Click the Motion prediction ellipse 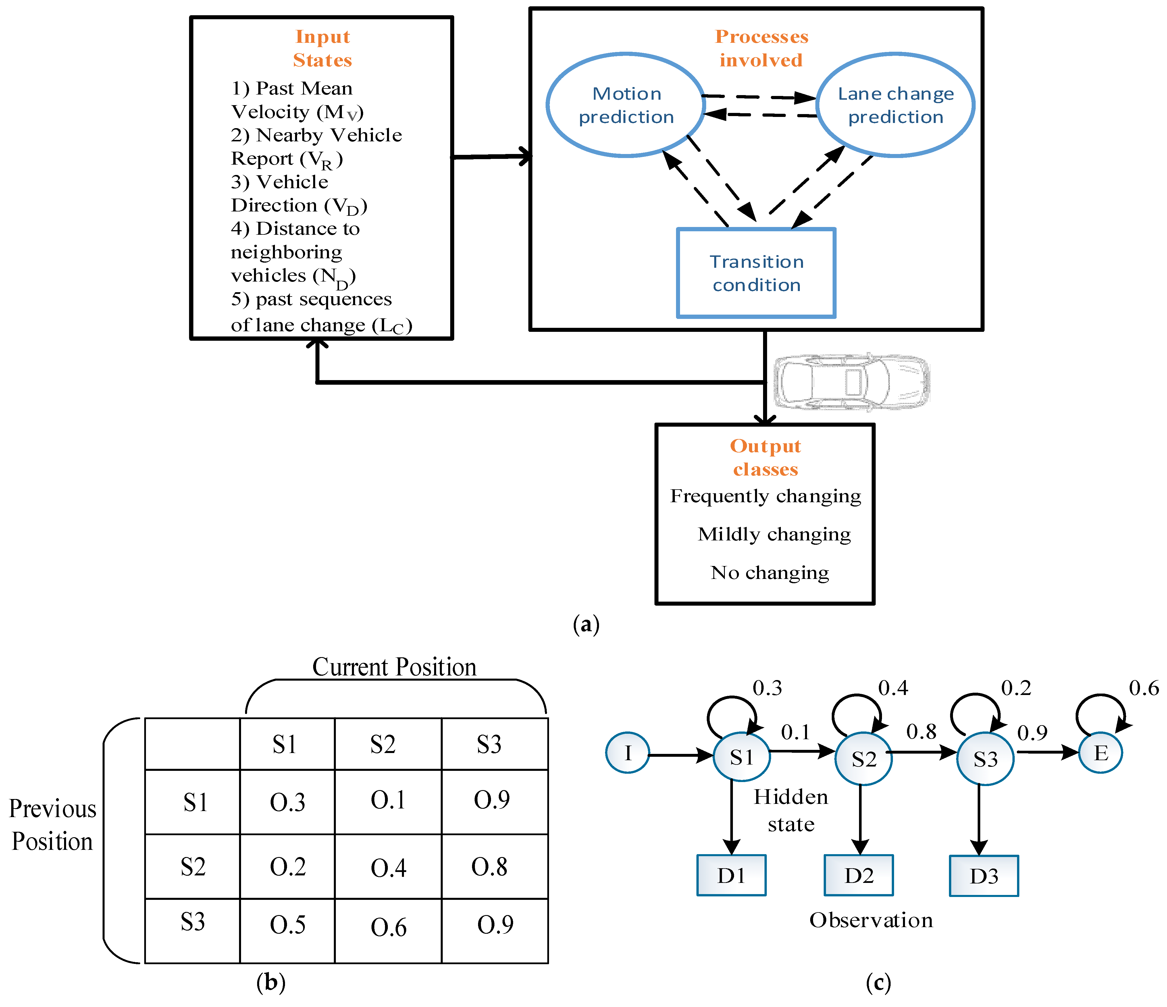(626, 105)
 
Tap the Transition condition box (756, 273)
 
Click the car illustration (852, 382)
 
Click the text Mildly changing (774, 534)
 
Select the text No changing (769, 573)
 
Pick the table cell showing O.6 (388, 928)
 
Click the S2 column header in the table (382, 745)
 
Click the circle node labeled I (627, 753)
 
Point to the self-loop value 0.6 (1143, 688)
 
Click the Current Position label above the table (394, 667)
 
